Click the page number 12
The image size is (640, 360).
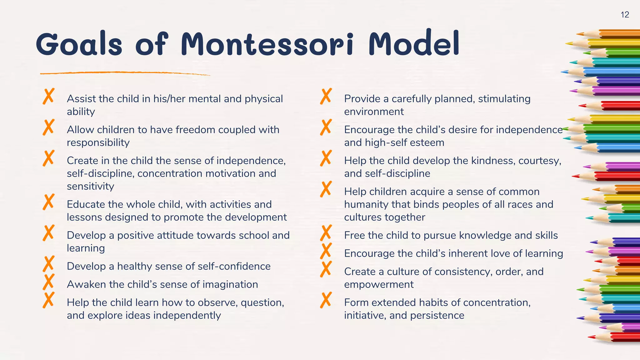pos(625,15)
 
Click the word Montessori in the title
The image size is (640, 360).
pos(267,44)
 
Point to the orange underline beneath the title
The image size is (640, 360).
pos(125,73)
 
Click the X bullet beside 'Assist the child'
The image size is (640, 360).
pos(49,96)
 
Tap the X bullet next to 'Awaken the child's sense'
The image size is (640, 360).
pos(49,282)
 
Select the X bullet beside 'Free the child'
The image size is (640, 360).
pos(326,233)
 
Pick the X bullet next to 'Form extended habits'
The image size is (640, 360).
pos(326,300)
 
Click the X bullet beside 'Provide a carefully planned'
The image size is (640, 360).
pos(326,96)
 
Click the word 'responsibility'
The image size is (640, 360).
pos(98,142)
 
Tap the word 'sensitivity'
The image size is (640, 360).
pos(90,186)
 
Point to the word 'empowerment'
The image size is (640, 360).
pos(379,284)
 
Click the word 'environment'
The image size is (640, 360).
pos(374,112)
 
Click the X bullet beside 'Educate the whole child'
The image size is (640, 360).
pos(49,202)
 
